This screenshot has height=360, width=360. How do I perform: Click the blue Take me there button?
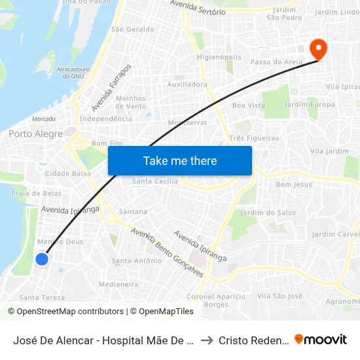click(180, 160)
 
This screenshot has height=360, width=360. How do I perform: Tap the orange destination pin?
click(318, 49)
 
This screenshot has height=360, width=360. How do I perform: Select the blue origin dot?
click(41, 259)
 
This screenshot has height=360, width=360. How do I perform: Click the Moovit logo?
click(320, 340)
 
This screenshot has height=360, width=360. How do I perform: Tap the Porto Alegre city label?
click(35, 134)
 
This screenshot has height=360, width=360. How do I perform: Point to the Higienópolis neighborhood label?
click(219, 57)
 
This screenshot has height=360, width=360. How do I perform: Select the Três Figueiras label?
click(254, 138)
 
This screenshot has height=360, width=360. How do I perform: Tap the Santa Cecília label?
click(155, 181)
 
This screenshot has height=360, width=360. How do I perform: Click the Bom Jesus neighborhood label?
click(294, 185)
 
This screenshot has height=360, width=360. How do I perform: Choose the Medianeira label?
click(118, 284)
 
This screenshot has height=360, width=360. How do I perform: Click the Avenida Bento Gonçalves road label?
click(166, 252)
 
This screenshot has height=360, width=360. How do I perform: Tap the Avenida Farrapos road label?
click(111, 88)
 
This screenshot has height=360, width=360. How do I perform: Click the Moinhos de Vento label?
click(131, 102)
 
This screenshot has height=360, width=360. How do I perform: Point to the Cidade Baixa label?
click(68, 173)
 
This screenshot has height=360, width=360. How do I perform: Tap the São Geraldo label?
click(133, 29)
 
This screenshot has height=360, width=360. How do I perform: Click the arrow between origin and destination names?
click(207, 340)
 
